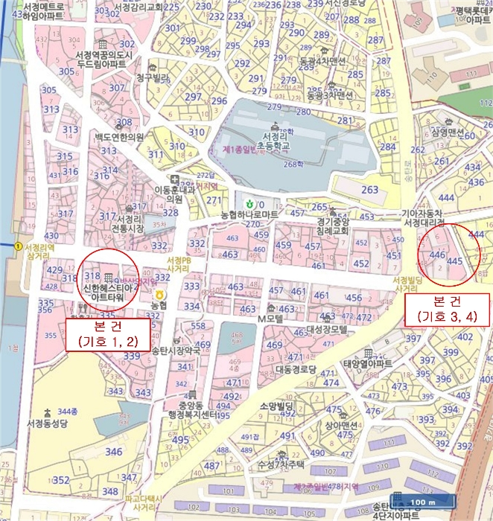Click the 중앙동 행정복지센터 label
coord(192,410)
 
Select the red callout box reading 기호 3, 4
coord(447,309)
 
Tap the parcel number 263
coord(369,190)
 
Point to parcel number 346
coord(113,451)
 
